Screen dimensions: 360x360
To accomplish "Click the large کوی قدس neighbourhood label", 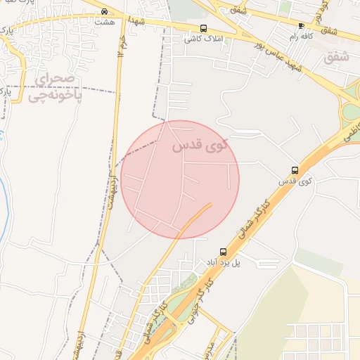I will point(200,146).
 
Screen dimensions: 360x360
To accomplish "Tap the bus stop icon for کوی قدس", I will point(295,170).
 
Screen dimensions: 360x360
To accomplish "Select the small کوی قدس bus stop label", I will point(295,181).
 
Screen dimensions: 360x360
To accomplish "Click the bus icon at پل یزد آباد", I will point(223,252).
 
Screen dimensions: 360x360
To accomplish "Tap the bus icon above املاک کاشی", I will point(203,29).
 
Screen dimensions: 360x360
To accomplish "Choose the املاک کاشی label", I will point(200,39).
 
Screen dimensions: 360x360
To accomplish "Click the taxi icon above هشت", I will point(104,11).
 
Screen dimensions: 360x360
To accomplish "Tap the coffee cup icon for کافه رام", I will point(301,27).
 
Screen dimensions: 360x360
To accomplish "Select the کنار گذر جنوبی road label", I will point(199,296).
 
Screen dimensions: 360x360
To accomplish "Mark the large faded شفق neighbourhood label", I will point(336,58).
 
